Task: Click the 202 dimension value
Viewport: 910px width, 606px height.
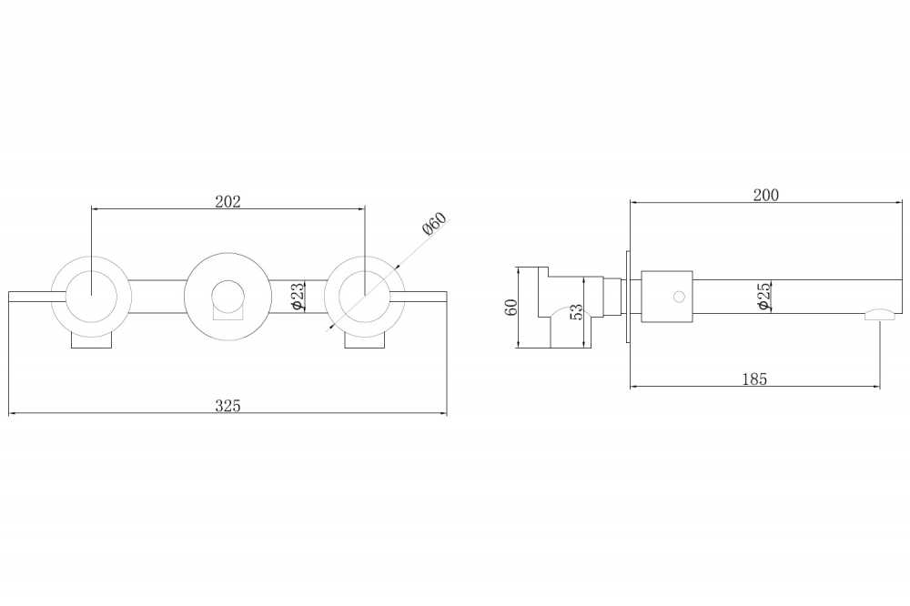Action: [x=227, y=201]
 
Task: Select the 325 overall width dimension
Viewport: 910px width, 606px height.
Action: [x=227, y=406]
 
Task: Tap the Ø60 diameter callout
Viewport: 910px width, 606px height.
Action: [x=435, y=224]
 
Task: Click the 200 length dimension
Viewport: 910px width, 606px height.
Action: [x=766, y=195]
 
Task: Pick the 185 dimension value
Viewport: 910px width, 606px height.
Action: [x=754, y=379]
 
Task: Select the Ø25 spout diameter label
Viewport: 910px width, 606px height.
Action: [x=764, y=296]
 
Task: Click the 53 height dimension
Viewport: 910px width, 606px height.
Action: [x=576, y=312]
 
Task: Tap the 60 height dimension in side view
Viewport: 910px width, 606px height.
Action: [x=511, y=307]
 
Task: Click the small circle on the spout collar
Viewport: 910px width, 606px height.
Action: [x=679, y=297]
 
